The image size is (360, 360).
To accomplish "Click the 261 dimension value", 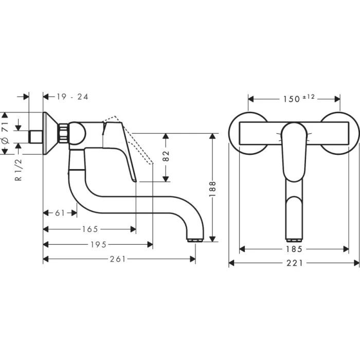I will (x=118, y=259).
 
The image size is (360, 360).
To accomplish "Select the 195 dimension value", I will (x=98, y=244).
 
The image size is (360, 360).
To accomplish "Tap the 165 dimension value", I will (x=89, y=229).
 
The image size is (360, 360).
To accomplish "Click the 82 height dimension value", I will (x=166, y=157).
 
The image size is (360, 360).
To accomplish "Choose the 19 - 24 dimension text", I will (x=73, y=97).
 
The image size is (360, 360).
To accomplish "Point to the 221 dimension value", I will (x=294, y=263).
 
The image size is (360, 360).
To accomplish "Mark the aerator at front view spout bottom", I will (x=294, y=239).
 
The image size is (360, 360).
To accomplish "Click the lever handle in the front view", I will (x=294, y=152).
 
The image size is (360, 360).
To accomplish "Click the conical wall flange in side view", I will (x=50, y=133).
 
